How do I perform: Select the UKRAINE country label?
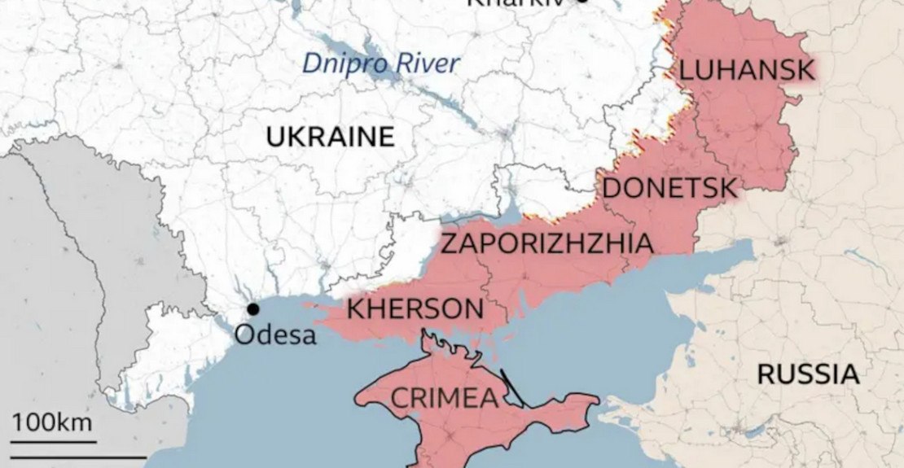(330, 137)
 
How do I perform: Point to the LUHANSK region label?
(746, 70)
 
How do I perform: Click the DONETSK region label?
(669, 188)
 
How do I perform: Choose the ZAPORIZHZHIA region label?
(546, 243)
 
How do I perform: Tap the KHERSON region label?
(415, 309)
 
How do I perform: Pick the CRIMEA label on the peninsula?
(444, 398)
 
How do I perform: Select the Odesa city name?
(275, 335)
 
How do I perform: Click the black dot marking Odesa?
(253, 309)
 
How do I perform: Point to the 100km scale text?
(51, 423)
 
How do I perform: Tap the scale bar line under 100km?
(54, 442)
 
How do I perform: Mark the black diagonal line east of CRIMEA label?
(512, 388)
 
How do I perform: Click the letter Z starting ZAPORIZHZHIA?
(449, 243)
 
